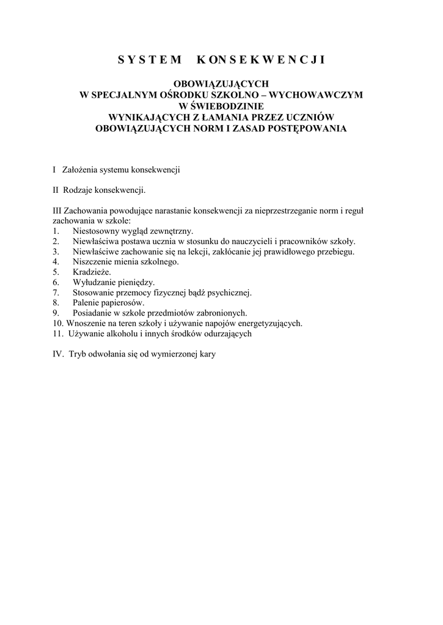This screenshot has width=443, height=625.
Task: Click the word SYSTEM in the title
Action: pos(150,59)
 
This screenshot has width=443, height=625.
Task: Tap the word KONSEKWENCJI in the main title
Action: pos(261,59)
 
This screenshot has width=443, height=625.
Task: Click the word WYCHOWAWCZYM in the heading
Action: pos(316,95)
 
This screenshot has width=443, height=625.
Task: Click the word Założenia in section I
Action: pos(79,170)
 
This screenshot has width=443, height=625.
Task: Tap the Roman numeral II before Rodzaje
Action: pos(56,190)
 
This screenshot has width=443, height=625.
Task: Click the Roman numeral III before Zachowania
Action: pos(57,211)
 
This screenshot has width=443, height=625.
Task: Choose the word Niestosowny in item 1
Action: pos(97,231)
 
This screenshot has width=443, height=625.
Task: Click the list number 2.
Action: pos(56,242)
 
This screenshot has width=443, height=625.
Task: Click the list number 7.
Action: pos(56,293)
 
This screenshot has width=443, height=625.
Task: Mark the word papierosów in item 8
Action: pos(123,303)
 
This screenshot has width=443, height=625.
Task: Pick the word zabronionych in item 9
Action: pos(219,313)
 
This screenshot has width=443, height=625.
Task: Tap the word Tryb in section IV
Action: pos(78,354)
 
